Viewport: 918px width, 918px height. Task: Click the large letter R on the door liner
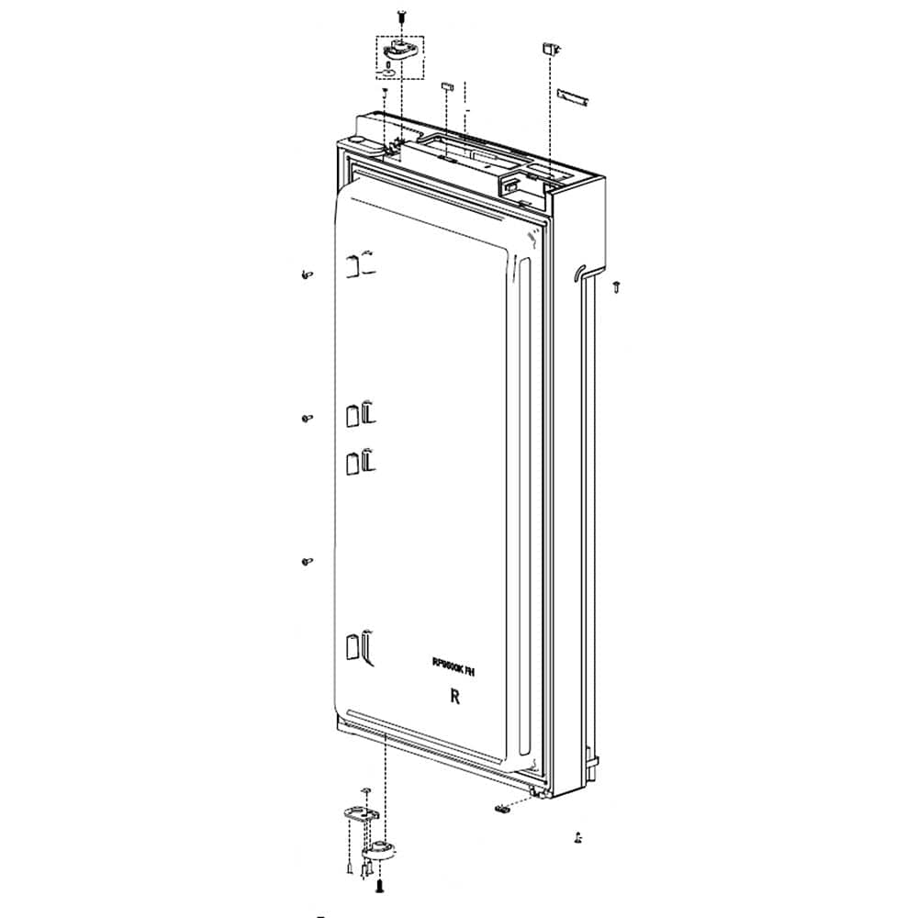point(453,697)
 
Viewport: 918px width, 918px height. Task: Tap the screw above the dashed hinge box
point(401,16)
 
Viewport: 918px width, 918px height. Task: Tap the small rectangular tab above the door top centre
point(447,84)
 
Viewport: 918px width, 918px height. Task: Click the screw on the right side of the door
point(617,286)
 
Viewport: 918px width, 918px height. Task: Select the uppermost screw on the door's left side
point(306,274)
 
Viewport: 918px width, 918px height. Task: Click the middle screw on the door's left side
point(307,418)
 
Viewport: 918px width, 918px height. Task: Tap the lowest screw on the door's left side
point(307,560)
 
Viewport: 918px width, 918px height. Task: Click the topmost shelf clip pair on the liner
point(359,264)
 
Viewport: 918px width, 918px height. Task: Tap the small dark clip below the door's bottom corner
point(503,808)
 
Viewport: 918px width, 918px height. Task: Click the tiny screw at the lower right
point(577,836)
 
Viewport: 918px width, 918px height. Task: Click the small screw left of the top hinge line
point(386,91)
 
